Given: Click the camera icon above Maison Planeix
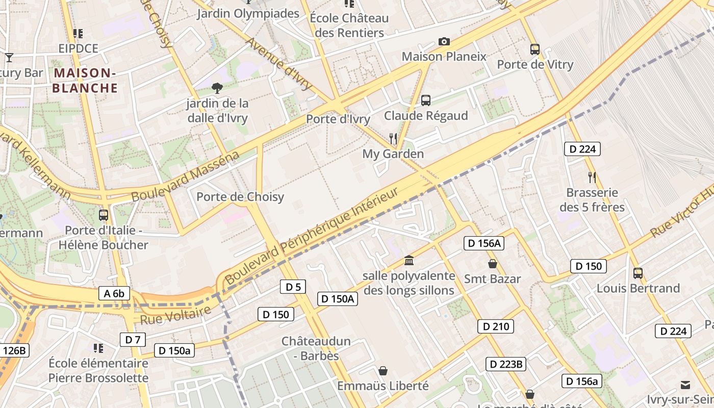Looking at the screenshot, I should pyautogui.click(x=444, y=41).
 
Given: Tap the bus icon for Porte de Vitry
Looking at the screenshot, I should pyautogui.click(x=534, y=49).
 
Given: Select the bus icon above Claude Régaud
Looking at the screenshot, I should pyautogui.click(x=426, y=100).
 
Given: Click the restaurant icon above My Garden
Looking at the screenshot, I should pyautogui.click(x=393, y=138).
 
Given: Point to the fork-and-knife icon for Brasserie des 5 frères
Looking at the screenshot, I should pyautogui.click(x=592, y=177).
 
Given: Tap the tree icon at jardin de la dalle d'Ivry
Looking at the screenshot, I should pyautogui.click(x=217, y=88).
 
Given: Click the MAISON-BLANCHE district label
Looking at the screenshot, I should pyautogui.click(x=85, y=81).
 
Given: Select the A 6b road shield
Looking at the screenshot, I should pyautogui.click(x=114, y=293).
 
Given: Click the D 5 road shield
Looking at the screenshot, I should pyautogui.click(x=293, y=287).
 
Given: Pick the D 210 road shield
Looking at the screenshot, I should pyautogui.click(x=495, y=326).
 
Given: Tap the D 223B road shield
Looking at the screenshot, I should pyautogui.click(x=505, y=364).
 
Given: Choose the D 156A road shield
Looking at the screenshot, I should pyautogui.click(x=484, y=243).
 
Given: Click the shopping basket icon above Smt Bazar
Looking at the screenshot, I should pyautogui.click(x=492, y=264).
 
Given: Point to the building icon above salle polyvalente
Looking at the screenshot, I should pyautogui.click(x=409, y=261).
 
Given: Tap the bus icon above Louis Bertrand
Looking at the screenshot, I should pyautogui.click(x=637, y=273).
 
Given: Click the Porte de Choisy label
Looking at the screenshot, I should pyautogui.click(x=240, y=197).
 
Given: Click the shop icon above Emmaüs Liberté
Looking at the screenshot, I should pyautogui.click(x=382, y=371).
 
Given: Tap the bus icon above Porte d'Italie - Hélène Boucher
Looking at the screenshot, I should pyautogui.click(x=104, y=215).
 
